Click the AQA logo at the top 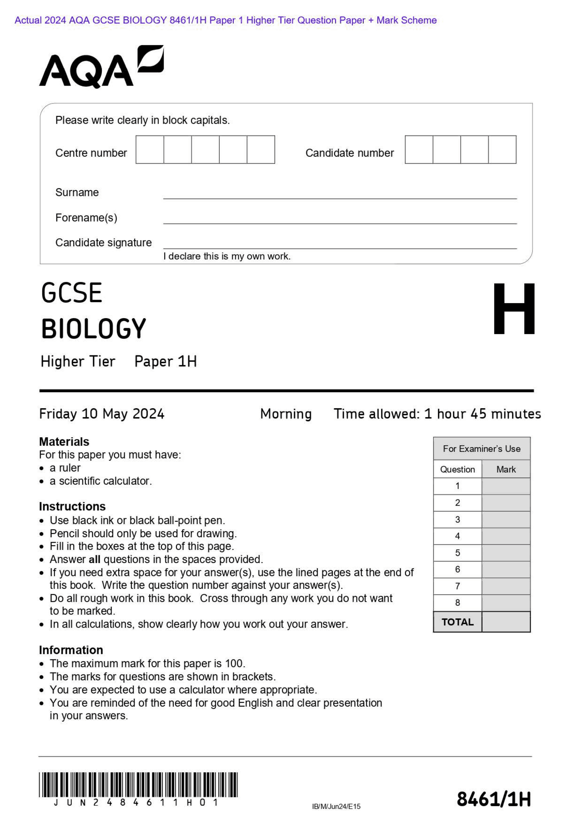click(101, 67)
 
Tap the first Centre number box click(150, 150)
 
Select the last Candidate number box click(502, 150)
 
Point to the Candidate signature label click(103, 243)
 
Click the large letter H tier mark click(514, 309)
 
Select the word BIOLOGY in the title click(94, 329)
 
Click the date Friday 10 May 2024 click(101, 414)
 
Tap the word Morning click(286, 414)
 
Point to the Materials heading click(64, 442)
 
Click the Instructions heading click(72, 506)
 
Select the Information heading click(71, 650)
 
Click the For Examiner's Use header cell click(482, 449)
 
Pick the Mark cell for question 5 click(506, 553)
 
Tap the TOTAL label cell click(457, 622)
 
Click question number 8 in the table click(457, 603)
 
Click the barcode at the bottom click(138, 785)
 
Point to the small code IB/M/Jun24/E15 click(336, 807)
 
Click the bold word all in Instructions click(95, 559)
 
